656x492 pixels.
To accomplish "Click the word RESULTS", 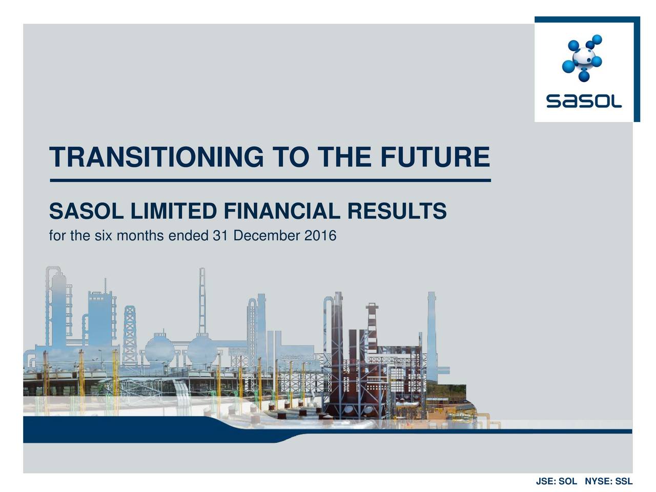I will (x=397, y=211).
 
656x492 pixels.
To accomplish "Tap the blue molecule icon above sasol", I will (x=583, y=57).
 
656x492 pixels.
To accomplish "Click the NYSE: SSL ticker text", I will (x=608, y=482).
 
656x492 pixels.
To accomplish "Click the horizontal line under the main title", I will (x=270, y=180).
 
